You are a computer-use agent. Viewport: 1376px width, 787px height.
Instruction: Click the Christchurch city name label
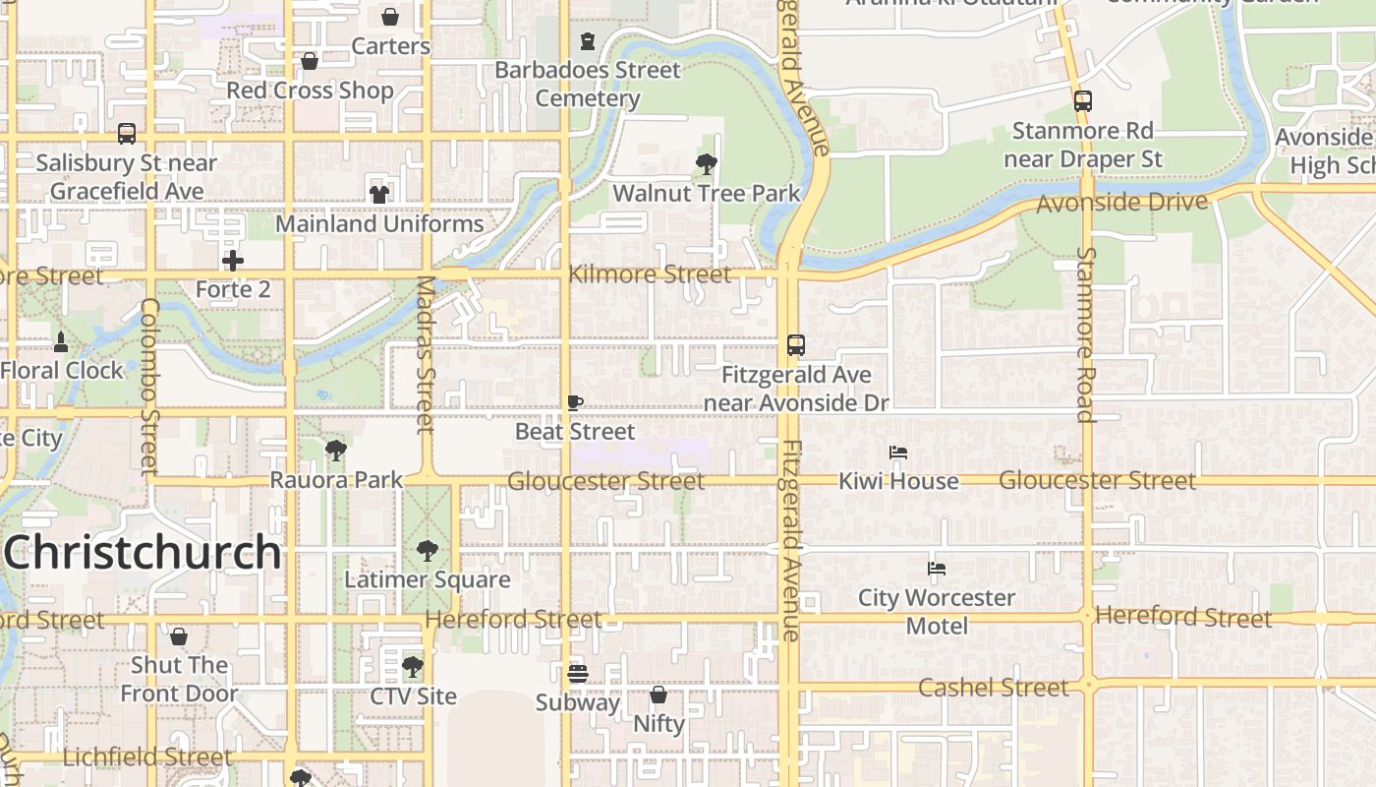tap(143, 553)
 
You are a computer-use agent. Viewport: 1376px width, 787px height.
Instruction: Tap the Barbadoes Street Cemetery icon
tap(588, 41)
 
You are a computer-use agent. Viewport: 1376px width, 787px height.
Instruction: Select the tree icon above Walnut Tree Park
tap(706, 164)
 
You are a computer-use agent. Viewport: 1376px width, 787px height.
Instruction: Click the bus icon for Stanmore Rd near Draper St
tap(1083, 101)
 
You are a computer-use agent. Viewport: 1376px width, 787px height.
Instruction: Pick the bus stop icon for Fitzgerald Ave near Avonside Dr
tap(796, 345)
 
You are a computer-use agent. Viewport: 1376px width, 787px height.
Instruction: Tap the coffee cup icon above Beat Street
tap(576, 402)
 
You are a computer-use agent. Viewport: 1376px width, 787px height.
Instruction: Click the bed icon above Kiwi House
tap(898, 453)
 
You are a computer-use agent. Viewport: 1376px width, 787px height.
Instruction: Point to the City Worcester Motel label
tap(937, 611)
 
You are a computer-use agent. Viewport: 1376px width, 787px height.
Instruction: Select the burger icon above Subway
tap(578, 674)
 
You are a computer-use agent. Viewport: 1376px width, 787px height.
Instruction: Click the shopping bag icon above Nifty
tap(659, 695)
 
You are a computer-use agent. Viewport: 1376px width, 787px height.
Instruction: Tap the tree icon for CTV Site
tap(413, 667)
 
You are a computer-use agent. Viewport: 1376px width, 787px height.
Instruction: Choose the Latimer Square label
tap(428, 579)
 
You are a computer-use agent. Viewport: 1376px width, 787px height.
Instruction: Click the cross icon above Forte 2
tap(233, 261)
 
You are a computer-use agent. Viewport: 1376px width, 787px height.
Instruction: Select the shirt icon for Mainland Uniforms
tap(379, 194)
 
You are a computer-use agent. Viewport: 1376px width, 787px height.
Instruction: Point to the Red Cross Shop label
tap(310, 90)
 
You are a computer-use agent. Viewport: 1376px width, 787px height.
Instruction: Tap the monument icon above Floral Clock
tap(61, 342)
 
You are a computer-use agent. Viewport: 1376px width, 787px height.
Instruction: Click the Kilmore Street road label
tap(650, 274)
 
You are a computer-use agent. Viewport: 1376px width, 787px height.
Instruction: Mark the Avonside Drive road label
tap(1121, 203)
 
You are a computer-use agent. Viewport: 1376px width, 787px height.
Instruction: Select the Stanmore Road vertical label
tap(1086, 334)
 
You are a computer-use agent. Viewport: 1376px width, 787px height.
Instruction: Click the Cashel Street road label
tap(993, 687)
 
